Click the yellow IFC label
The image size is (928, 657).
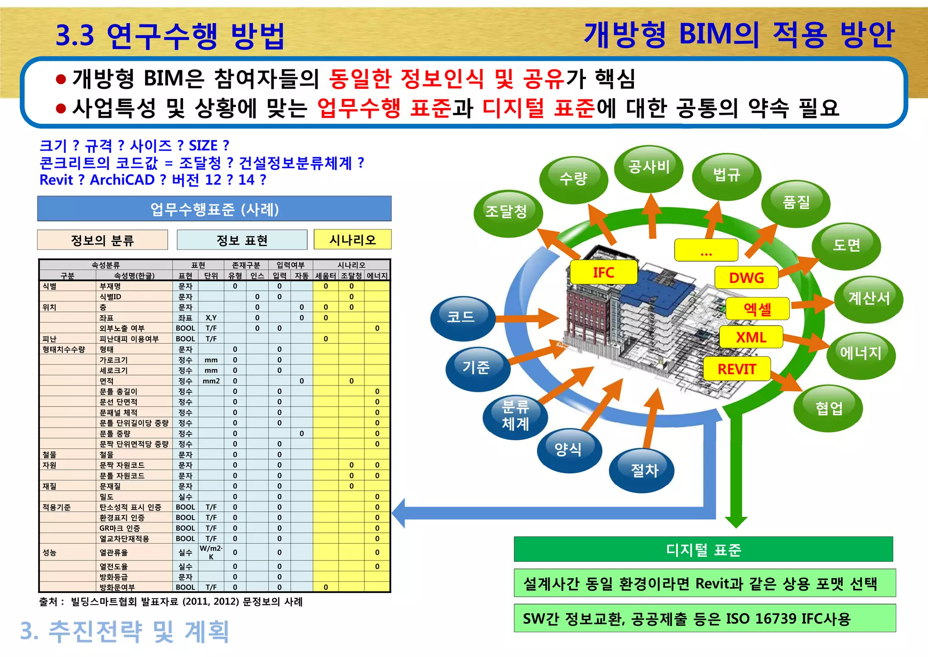pyautogui.click(x=604, y=273)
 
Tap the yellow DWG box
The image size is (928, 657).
pyautogui.click(x=746, y=277)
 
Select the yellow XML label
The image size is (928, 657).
pyautogui.click(x=751, y=337)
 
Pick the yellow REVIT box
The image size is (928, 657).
pyautogui.click(x=737, y=369)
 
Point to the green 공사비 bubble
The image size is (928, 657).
pyautogui.click(x=649, y=167)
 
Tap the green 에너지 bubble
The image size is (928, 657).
pyautogui.click(x=860, y=353)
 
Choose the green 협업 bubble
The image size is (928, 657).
pyautogui.click(x=828, y=408)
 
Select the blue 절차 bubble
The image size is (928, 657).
pyautogui.click(x=643, y=470)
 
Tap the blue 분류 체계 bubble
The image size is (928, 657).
pyautogui.click(x=515, y=415)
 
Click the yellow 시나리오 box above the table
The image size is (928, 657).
pyautogui.click(x=353, y=239)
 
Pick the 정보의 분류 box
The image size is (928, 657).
pyautogui.click(x=102, y=240)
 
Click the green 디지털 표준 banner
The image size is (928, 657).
pyautogui.click(x=703, y=550)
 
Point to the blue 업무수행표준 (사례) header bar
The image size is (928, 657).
pyautogui.click(x=214, y=209)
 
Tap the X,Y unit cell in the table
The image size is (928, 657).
pyautogui.click(x=211, y=318)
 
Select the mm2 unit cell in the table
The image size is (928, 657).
pyautogui.click(x=211, y=381)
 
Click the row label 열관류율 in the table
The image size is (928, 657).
pyautogui.click(x=114, y=552)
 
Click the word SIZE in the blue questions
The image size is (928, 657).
pyautogui.click(x=203, y=146)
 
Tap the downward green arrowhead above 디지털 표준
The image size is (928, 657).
pyautogui.click(x=736, y=521)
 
